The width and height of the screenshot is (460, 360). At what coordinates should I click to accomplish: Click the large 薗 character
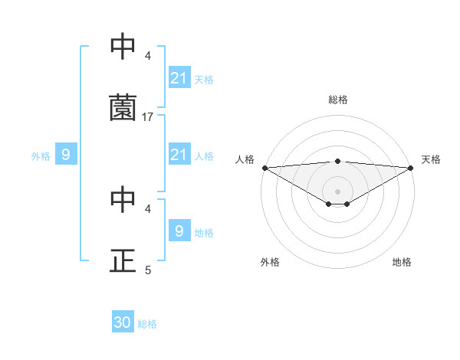point(123,108)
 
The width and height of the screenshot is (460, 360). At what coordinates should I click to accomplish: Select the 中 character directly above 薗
point(123,47)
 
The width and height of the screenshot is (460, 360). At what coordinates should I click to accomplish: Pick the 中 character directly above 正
point(123,199)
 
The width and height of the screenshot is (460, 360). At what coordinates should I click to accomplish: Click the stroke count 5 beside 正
point(148,270)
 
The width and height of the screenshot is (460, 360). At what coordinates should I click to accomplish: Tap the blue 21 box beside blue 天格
point(179,78)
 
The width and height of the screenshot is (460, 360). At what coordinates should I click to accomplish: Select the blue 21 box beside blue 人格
point(179,155)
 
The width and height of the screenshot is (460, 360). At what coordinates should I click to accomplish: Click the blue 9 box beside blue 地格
point(179,231)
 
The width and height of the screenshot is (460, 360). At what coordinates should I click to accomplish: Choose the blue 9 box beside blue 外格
point(66,155)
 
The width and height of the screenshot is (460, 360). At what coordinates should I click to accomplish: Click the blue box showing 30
point(123,322)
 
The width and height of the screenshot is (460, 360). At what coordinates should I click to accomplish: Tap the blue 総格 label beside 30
point(148,324)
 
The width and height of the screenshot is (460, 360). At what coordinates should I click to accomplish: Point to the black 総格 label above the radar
point(338,100)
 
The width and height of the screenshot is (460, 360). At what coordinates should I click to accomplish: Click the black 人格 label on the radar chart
point(245,159)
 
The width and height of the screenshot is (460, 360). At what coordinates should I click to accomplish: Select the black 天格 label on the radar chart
point(432,159)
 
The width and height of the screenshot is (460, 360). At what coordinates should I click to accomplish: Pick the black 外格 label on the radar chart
point(270,262)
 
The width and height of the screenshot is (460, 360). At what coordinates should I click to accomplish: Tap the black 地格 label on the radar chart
point(402,262)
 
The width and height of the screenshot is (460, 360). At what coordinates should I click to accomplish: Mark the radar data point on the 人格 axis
point(264,168)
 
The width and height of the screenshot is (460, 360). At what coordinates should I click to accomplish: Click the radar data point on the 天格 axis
point(412,168)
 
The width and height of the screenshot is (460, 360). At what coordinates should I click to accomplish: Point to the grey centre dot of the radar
point(338,191)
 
